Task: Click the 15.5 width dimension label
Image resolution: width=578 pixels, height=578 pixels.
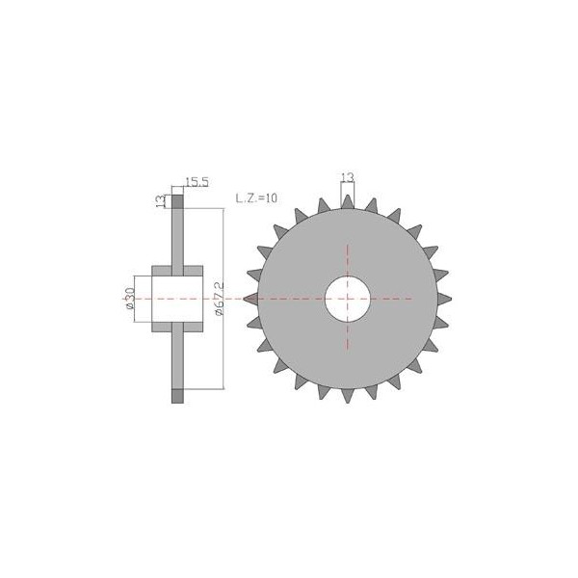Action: point(197,182)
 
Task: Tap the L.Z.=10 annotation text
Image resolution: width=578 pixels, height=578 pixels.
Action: point(256,198)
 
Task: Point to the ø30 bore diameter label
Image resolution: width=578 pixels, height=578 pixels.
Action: point(129,299)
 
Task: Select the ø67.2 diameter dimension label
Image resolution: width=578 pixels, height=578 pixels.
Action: point(219,299)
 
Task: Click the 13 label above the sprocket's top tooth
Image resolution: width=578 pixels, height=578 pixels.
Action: point(348,177)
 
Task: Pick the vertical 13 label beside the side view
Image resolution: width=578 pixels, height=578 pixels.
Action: point(161,201)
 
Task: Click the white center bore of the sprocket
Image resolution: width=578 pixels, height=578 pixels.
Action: point(347,299)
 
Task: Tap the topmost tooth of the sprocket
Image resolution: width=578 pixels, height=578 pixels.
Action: point(347,201)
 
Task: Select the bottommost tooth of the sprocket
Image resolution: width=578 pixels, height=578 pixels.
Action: point(347,396)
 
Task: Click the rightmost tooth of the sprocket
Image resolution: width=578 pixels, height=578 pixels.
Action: point(444,299)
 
